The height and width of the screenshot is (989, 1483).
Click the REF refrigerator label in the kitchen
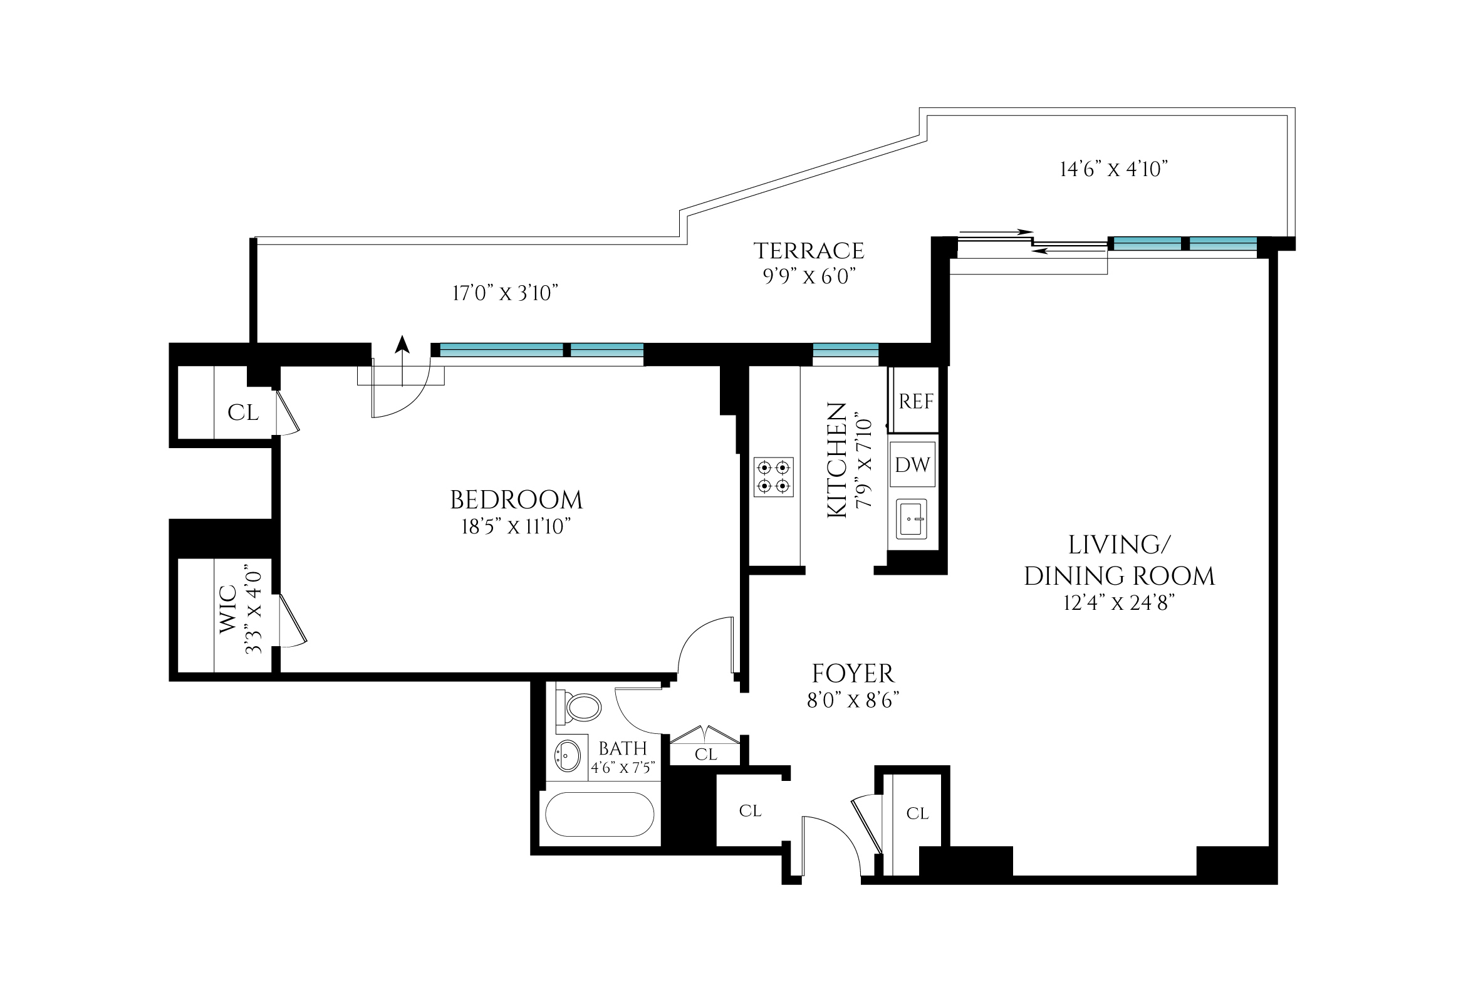915,401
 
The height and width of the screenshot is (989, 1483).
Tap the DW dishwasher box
912,465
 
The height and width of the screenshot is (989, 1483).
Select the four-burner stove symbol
774,477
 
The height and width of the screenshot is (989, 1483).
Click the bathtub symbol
600,814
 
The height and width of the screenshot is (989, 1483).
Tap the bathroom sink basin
567,756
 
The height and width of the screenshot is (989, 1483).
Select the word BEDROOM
516,500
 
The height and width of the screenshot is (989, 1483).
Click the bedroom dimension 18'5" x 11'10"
516,526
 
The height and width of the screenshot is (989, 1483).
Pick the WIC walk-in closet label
228,609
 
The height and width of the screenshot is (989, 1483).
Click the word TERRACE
809,251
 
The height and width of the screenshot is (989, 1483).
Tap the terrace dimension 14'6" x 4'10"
1113,169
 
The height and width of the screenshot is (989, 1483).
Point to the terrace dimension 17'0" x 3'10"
505,293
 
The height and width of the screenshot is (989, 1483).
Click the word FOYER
853,674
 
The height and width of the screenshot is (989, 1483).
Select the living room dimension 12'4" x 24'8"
1118,604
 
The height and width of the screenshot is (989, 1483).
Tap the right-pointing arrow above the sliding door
996,232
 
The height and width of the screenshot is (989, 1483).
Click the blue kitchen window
846,350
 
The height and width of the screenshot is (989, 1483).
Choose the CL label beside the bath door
705,755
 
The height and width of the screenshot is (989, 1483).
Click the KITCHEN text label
836,461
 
